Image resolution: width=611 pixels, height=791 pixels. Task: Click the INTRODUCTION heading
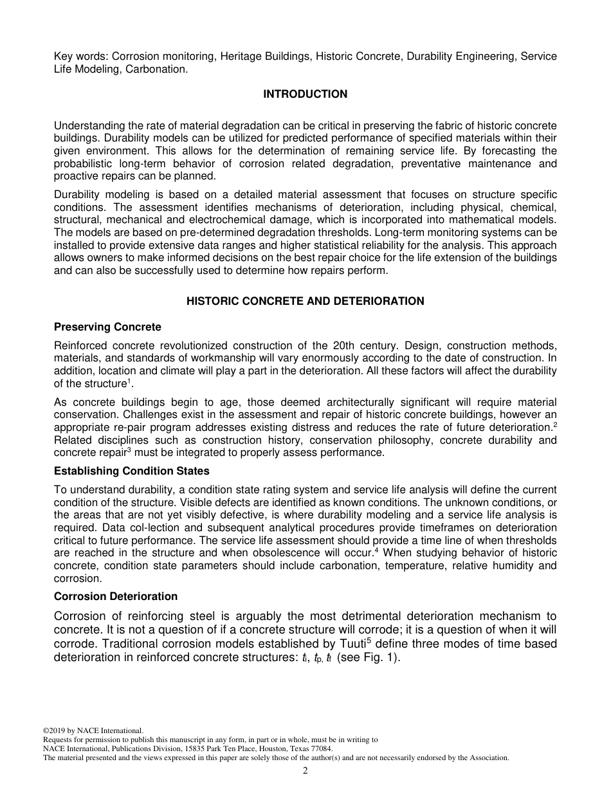305,95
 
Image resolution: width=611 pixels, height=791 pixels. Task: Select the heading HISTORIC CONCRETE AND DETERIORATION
305,301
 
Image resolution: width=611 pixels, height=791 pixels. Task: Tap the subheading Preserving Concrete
107,327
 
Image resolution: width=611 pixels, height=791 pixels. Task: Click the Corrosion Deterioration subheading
115,596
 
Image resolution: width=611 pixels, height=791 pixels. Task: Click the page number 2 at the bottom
305,771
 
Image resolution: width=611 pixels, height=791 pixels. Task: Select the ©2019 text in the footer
55,731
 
